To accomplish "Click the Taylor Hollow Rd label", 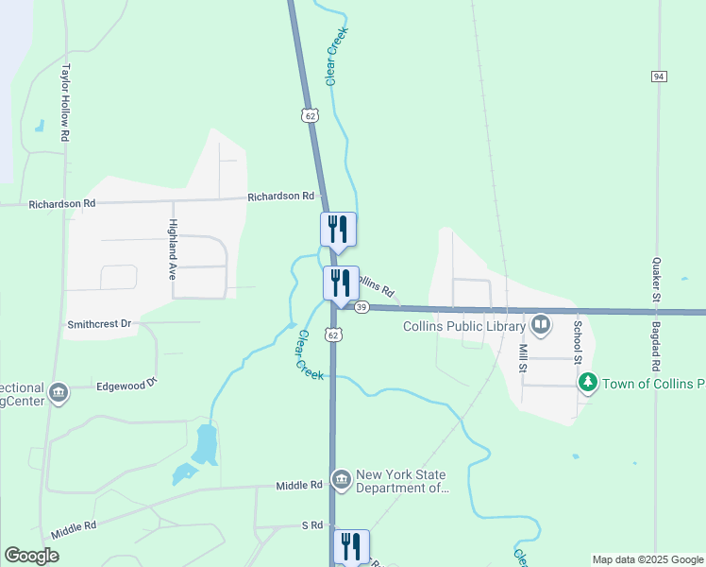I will click(x=66, y=103).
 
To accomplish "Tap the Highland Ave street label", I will click(x=173, y=241).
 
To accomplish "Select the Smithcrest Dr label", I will click(x=98, y=324).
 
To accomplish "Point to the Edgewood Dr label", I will click(x=126, y=385).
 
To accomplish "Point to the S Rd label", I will click(x=312, y=524).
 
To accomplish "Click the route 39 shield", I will click(x=361, y=307).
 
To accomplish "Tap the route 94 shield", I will click(x=659, y=76).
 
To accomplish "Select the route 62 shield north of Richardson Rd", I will click(x=311, y=114).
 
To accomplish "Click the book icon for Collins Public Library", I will click(x=541, y=326).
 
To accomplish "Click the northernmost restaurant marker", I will click(x=338, y=229).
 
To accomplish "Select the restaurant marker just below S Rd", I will click(x=350, y=545).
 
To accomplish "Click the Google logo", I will click(x=31, y=556).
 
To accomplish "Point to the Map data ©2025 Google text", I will click(x=647, y=559).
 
